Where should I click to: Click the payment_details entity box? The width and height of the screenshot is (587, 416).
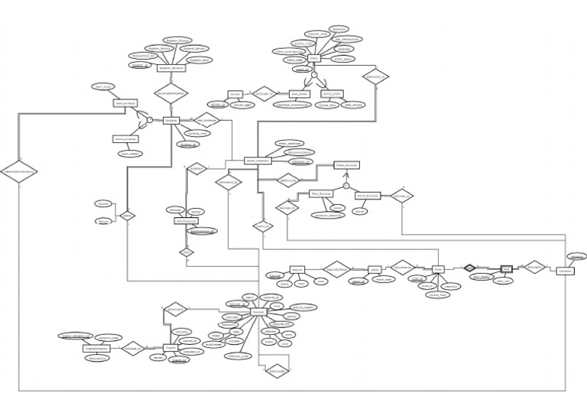(x=173, y=68)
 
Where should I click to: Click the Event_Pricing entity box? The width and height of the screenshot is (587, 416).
(x=347, y=164)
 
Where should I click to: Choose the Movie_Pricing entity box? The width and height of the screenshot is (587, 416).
(x=368, y=195)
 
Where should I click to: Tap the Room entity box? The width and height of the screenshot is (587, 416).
(x=438, y=269)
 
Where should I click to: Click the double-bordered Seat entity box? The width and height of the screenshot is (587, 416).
(x=506, y=269)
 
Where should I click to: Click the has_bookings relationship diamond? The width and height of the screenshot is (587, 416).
(x=206, y=120)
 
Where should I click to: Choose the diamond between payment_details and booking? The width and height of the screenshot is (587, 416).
(x=171, y=93)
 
